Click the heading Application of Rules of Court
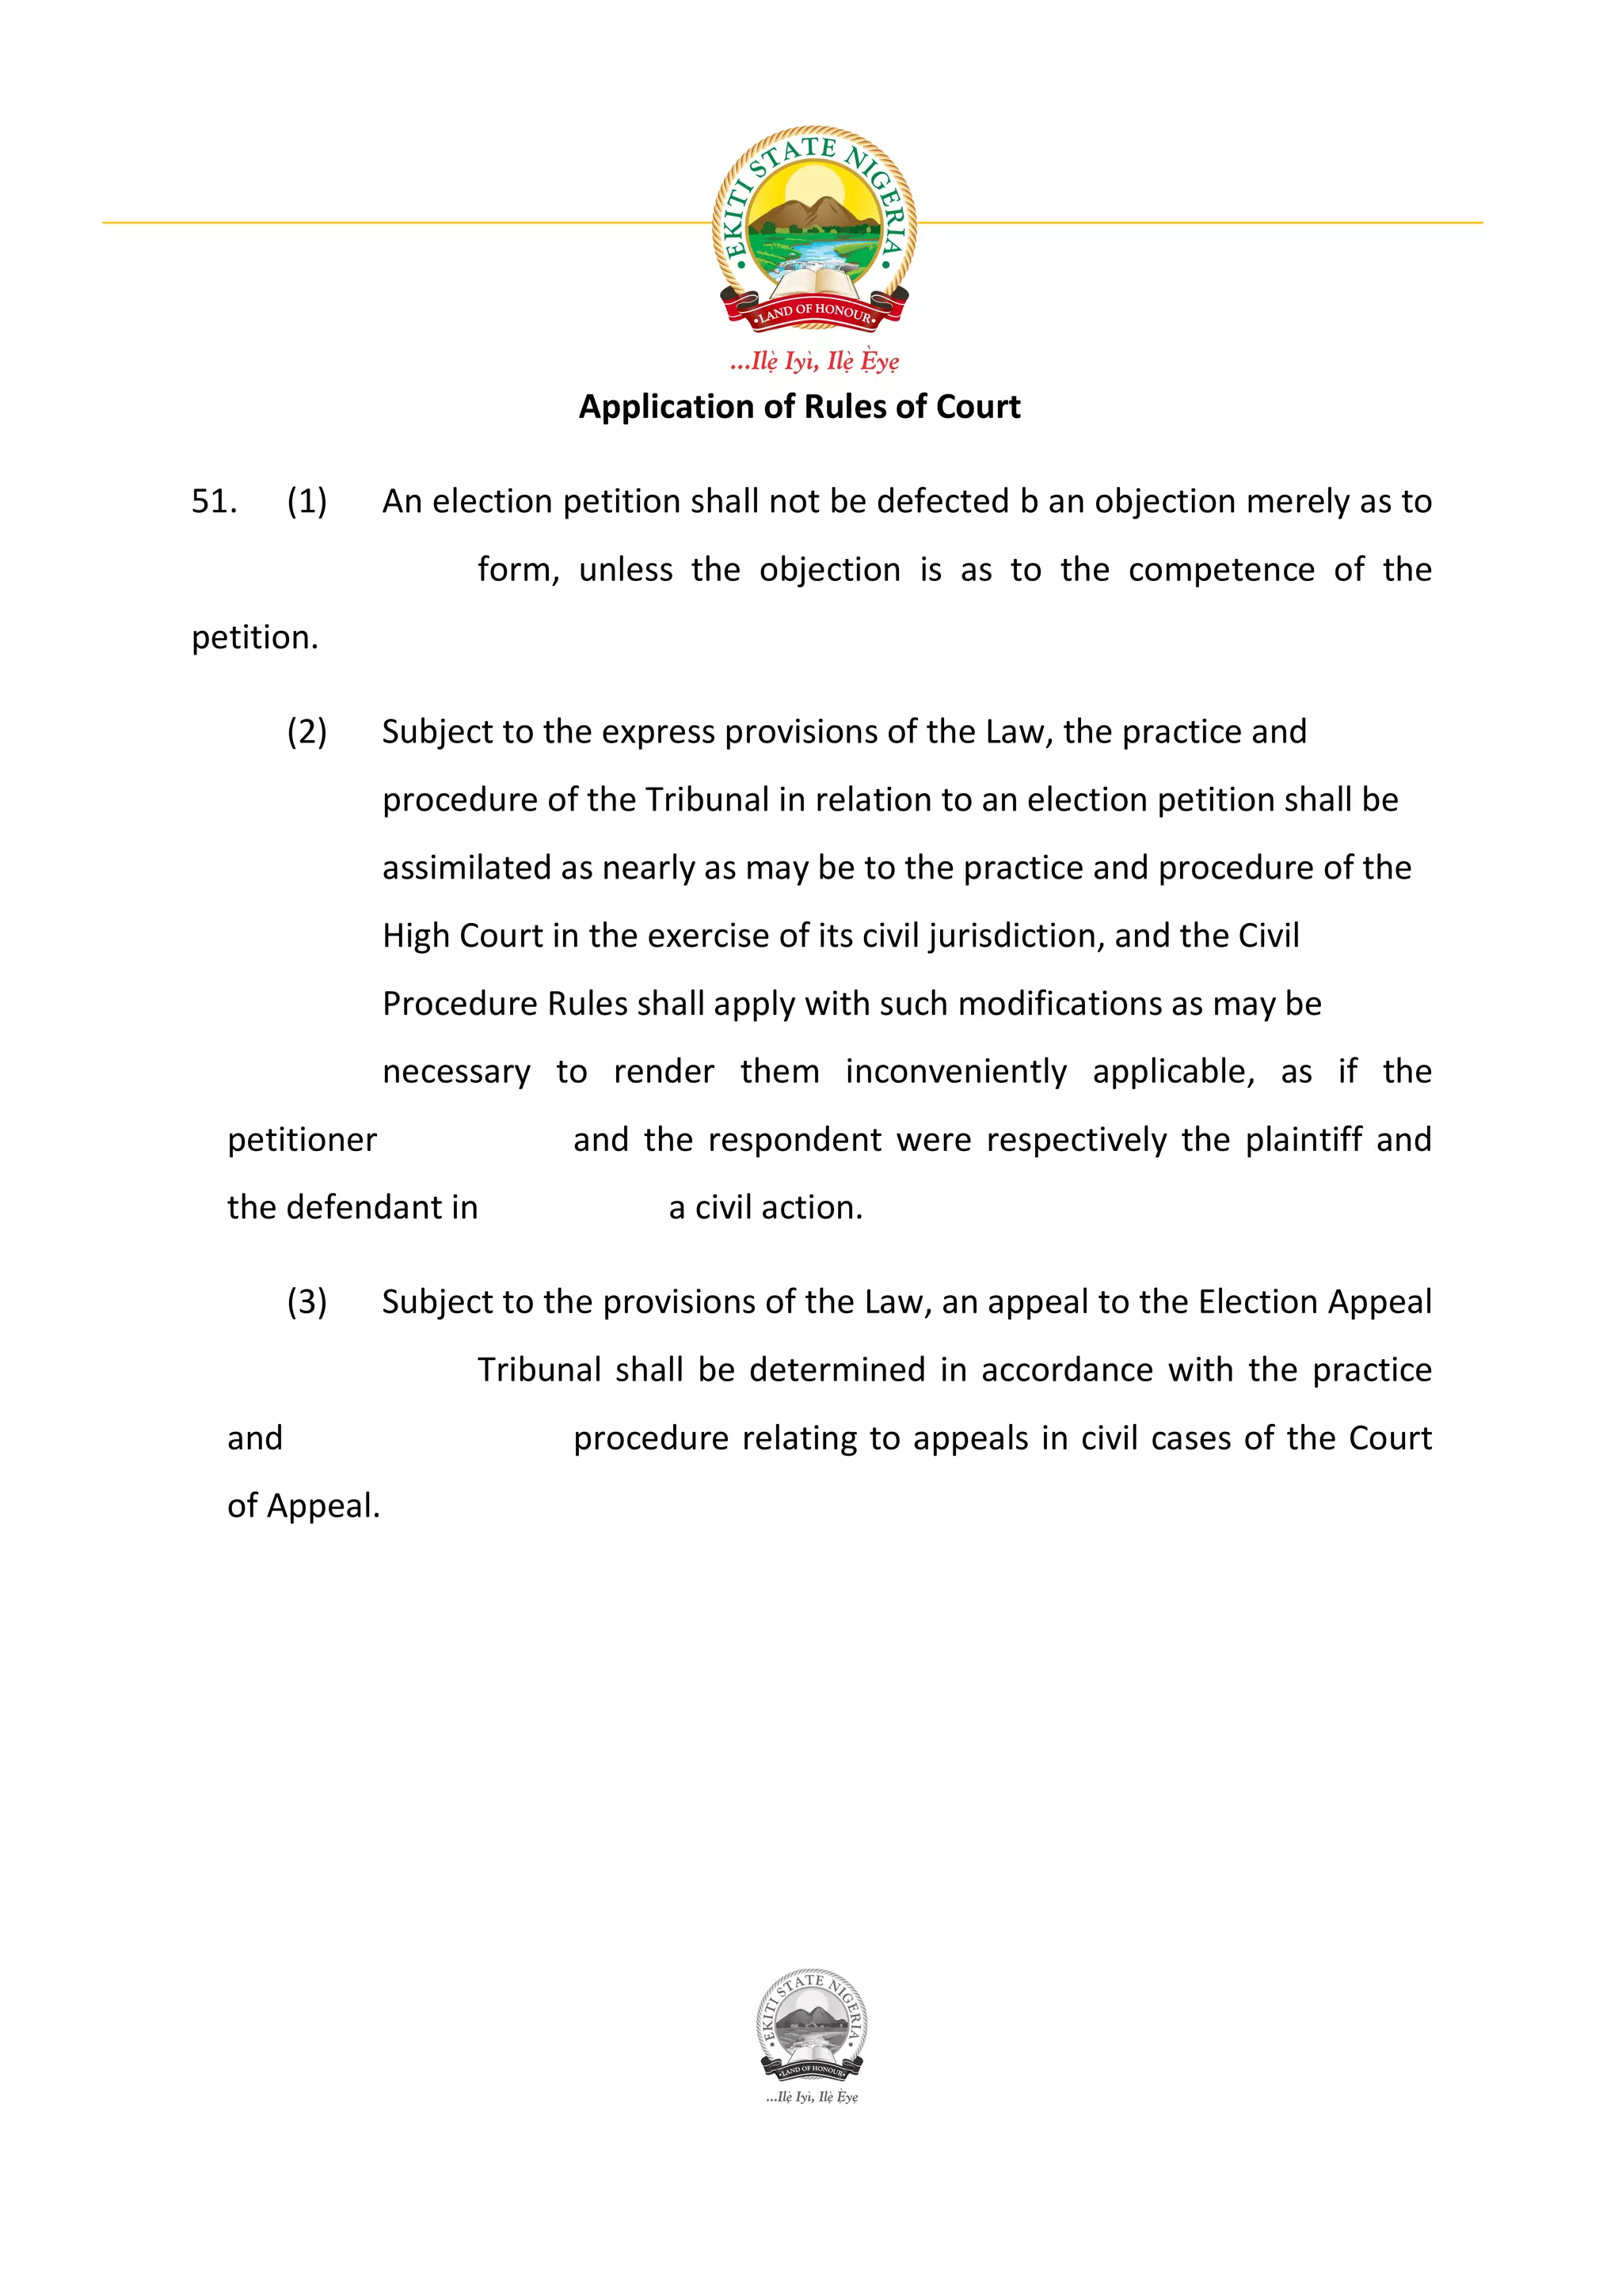point(799,407)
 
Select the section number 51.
point(214,500)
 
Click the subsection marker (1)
point(307,500)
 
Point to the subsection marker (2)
point(307,731)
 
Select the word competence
point(1221,569)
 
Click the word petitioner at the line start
point(302,1139)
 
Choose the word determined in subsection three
point(836,1369)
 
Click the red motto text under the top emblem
point(813,361)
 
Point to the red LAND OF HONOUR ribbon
point(813,312)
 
